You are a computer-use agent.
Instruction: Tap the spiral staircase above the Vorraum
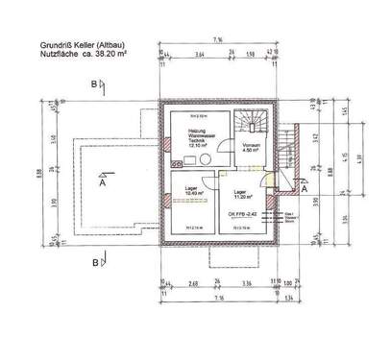(254, 119)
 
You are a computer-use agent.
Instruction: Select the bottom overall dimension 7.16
(220, 299)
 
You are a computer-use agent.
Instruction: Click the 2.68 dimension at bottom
(192, 283)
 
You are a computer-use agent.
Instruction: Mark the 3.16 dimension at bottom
(246, 283)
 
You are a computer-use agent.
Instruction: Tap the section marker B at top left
(92, 84)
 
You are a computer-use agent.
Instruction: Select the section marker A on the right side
(304, 190)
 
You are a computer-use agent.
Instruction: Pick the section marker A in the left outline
(101, 185)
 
